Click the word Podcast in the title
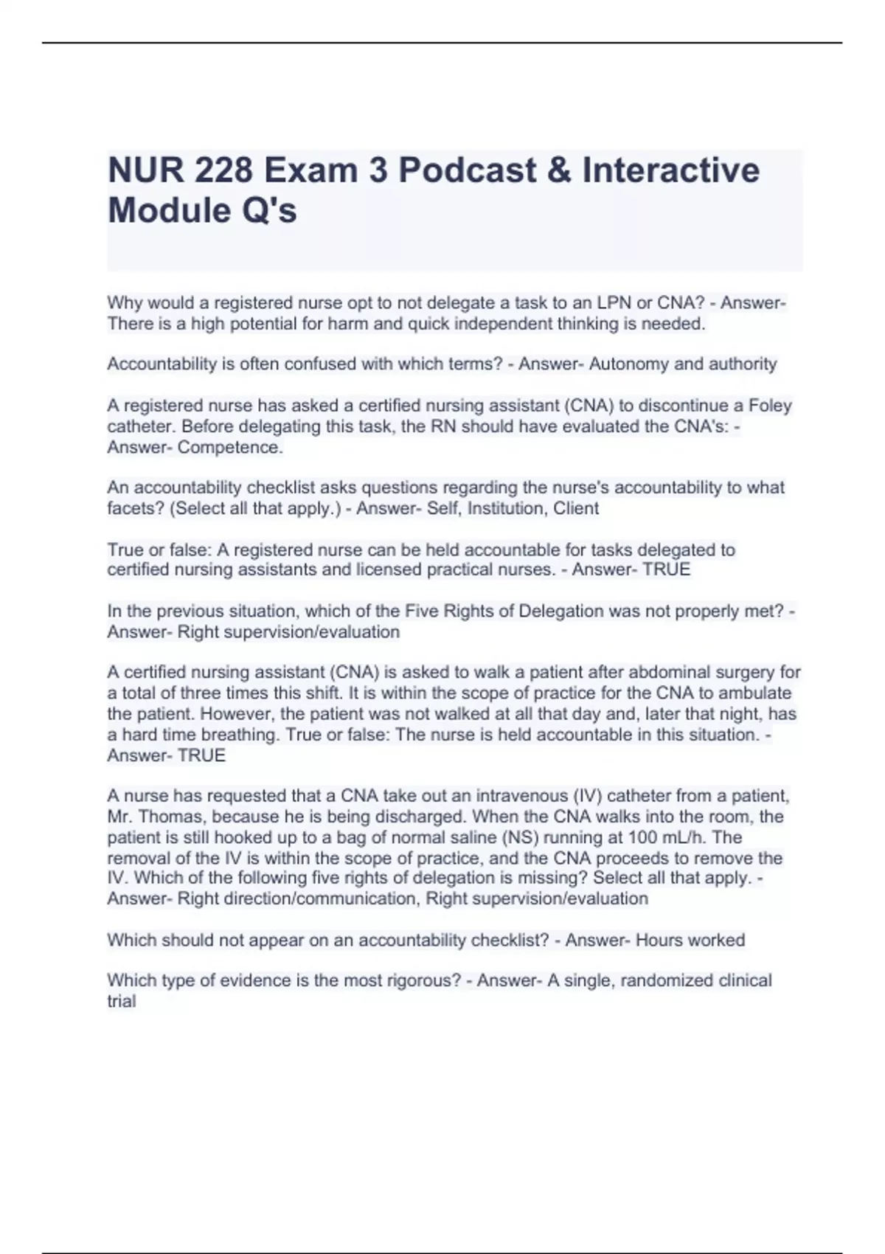pyautogui.click(x=468, y=170)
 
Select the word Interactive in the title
pyautogui.click(x=670, y=170)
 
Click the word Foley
pyautogui.click(x=770, y=406)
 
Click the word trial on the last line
pyautogui.click(x=122, y=1001)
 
